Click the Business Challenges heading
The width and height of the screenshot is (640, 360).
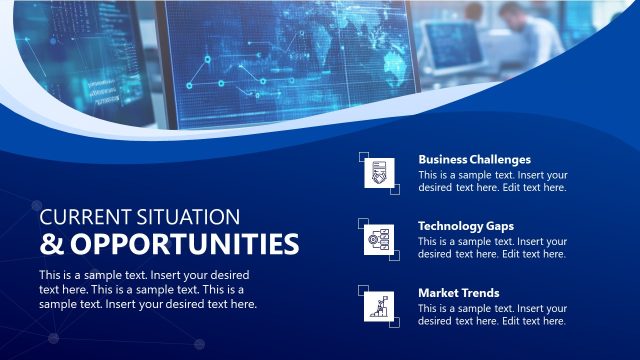tap(474, 159)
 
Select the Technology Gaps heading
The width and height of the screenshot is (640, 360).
tap(466, 226)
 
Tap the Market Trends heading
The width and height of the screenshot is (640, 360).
tap(458, 293)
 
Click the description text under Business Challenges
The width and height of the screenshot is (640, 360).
tap(492, 180)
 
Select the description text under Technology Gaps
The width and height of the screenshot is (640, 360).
tap(492, 247)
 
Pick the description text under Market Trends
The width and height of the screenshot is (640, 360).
tap(492, 314)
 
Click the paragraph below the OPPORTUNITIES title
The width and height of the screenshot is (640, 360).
tap(148, 289)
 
